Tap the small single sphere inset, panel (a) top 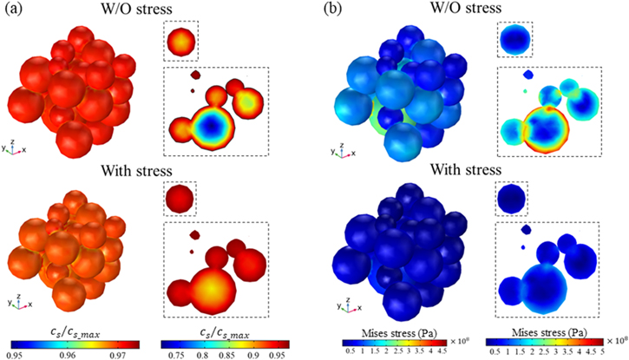(180, 42)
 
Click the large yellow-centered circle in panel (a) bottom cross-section (202, 283)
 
